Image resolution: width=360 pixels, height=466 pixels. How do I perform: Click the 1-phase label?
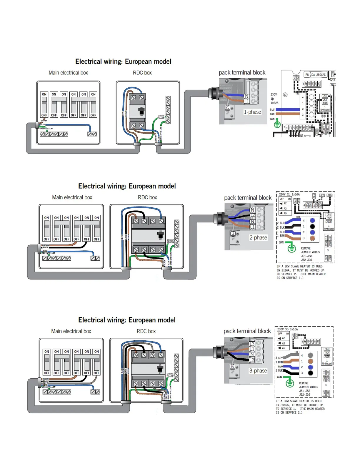(252, 112)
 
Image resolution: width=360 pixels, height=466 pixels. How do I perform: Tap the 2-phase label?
(258, 237)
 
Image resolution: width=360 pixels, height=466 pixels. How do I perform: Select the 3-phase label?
(258, 371)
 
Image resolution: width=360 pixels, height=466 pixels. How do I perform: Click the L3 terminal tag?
(252, 344)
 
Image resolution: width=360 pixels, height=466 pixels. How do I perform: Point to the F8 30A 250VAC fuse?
(315, 75)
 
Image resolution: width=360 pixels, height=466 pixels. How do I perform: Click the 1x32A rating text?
(274, 103)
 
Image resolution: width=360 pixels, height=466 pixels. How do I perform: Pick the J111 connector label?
(332, 85)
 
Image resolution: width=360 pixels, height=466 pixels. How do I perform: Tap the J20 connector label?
(322, 195)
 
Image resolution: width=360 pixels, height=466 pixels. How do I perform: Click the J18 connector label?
(329, 195)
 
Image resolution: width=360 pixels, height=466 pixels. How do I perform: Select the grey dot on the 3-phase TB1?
(310, 355)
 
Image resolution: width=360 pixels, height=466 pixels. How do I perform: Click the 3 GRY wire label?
(279, 358)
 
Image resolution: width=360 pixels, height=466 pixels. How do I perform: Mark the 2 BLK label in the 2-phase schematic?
(281, 227)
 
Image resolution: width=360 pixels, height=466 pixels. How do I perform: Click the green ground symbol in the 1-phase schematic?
(277, 124)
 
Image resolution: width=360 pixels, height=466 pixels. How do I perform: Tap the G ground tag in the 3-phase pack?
(232, 367)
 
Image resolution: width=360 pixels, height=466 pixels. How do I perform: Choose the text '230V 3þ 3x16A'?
(287, 329)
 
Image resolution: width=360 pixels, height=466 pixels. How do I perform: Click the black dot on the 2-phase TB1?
(312, 226)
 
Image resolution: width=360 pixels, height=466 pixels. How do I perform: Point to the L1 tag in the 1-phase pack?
(246, 101)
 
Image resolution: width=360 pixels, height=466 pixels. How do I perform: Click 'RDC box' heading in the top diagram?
(142, 73)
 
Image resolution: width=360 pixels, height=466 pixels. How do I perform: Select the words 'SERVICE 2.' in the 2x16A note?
(289, 274)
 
